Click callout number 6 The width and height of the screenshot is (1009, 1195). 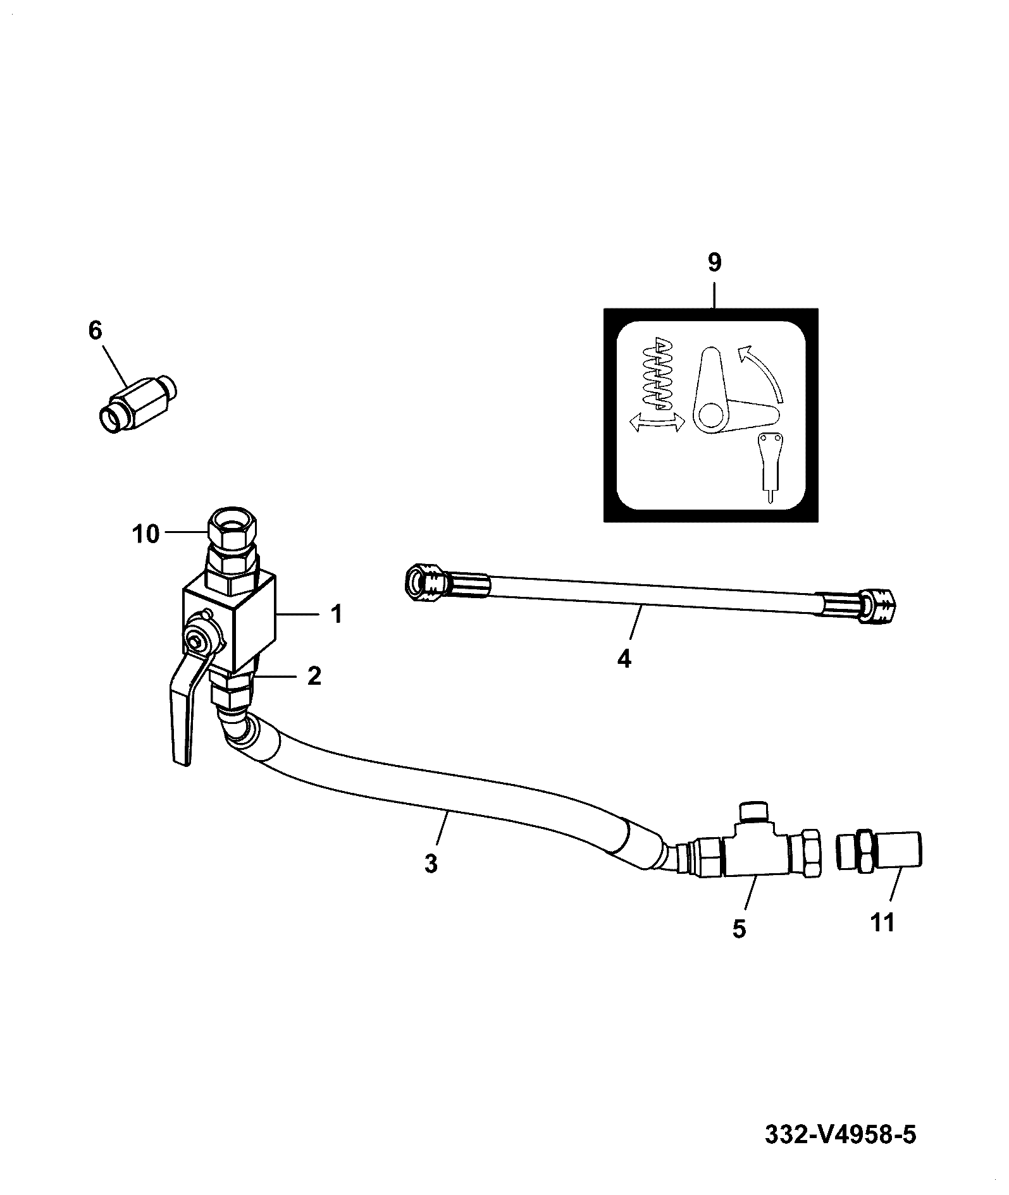[x=94, y=331]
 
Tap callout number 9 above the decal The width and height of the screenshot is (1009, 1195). [x=714, y=262]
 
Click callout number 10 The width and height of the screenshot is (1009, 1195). [x=146, y=534]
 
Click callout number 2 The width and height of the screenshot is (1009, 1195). [x=314, y=676]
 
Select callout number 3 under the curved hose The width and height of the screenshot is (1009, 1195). [x=431, y=864]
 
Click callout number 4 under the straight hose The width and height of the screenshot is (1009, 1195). [x=624, y=659]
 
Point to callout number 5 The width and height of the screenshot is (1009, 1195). [x=739, y=928]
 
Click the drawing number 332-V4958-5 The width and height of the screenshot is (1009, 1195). [x=841, y=1133]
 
